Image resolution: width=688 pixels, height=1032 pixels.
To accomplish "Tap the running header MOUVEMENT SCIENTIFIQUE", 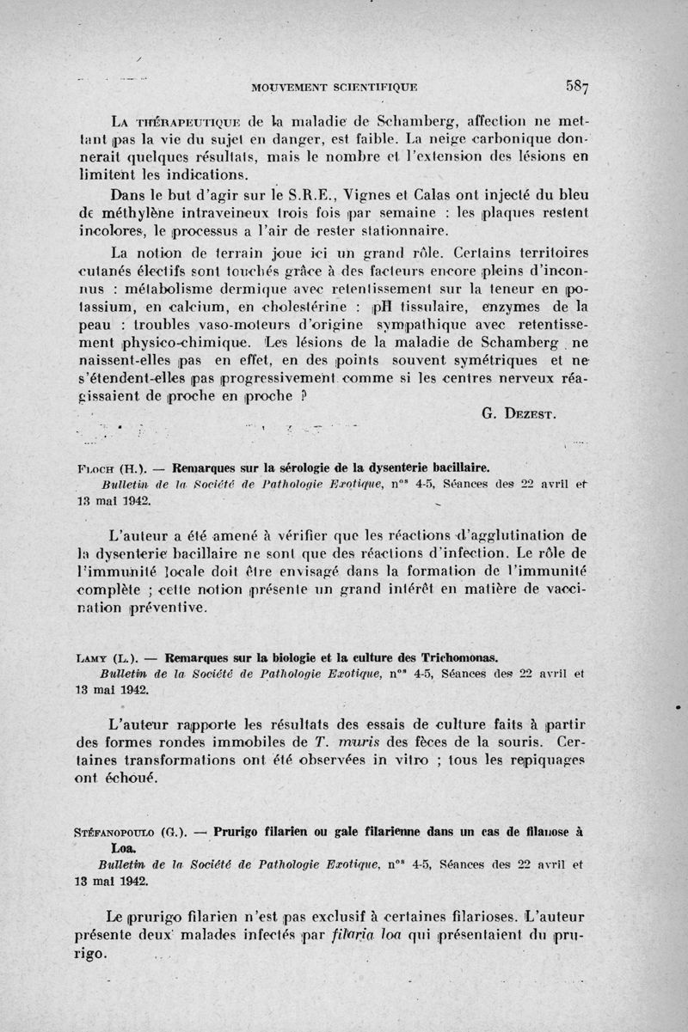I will (334, 86).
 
